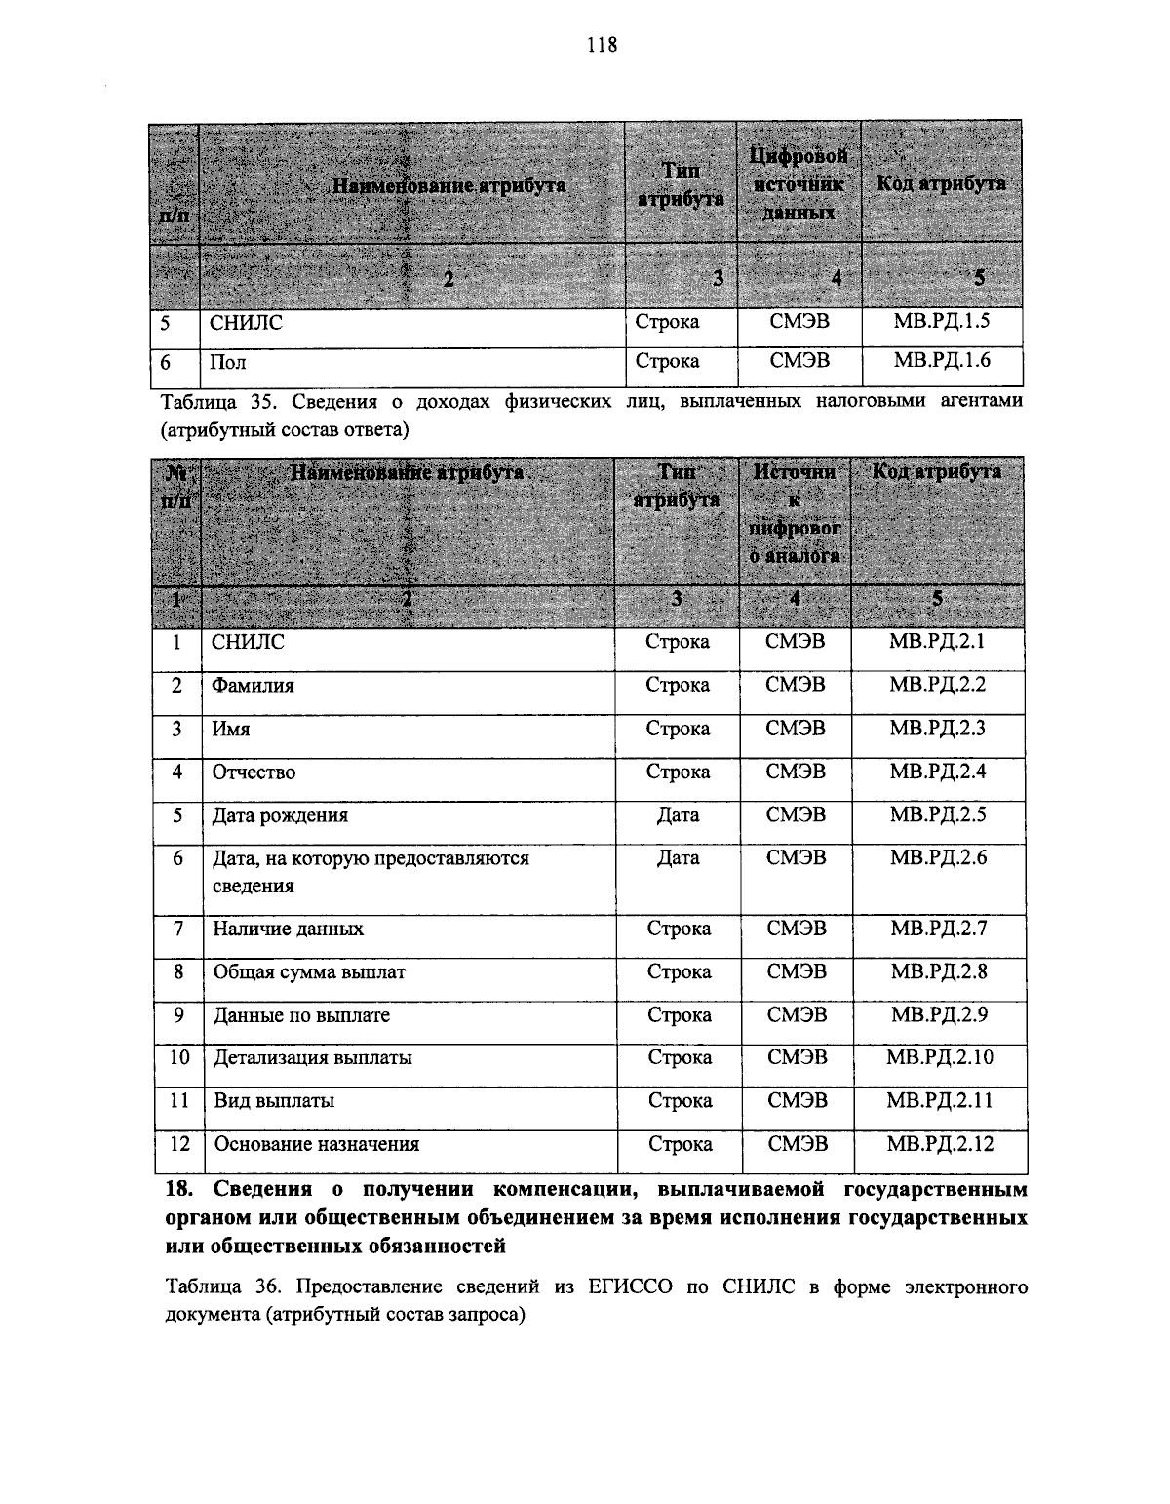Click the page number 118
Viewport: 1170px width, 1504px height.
(x=603, y=44)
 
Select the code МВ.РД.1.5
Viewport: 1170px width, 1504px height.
(x=941, y=321)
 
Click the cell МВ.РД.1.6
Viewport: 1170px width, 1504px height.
(x=941, y=361)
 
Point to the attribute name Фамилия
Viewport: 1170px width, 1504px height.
(x=253, y=686)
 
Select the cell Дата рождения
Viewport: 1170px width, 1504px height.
(x=280, y=815)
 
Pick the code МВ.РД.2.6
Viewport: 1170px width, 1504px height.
(x=938, y=858)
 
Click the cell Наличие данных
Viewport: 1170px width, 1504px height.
(x=288, y=930)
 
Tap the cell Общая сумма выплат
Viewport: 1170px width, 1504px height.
(x=309, y=972)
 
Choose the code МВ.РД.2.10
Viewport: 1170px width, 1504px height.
(x=940, y=1057)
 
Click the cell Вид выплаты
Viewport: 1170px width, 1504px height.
(x=274, y=1101)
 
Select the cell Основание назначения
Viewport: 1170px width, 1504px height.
(x=316, y=1145)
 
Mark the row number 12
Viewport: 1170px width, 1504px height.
(x=178, y=1144)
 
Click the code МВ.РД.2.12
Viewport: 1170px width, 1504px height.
(x=940, y=1144)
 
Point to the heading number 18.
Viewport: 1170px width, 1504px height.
(x=180, y=1190)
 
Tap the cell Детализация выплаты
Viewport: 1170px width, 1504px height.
(x=312, y=1057)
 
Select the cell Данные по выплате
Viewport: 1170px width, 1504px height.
(x=301, y=1015)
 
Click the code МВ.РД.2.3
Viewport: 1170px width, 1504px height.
(x=938, y=729)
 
